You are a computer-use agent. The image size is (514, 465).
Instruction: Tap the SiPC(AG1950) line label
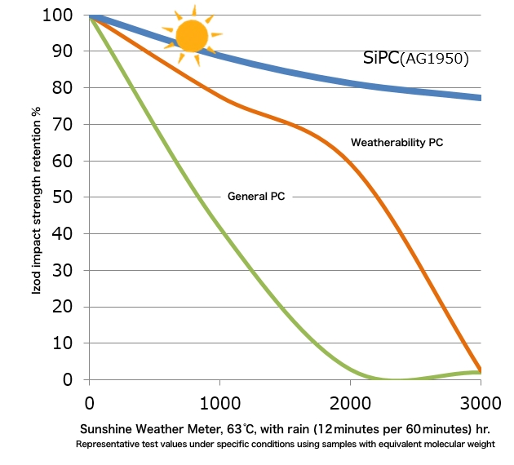tap(416, 59)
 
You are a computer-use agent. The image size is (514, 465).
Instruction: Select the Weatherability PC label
tap(397, 143)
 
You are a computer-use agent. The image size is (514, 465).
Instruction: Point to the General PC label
tap(255, 197)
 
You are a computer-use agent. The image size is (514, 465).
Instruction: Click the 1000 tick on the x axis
tap(219, 402)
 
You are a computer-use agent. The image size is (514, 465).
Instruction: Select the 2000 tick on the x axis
tap(350, 402)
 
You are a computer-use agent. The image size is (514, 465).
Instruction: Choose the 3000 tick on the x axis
tap(481, 402)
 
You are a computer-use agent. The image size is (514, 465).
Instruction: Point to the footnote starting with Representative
tap(285, 445)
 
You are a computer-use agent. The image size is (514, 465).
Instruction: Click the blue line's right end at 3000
tap(480, 98)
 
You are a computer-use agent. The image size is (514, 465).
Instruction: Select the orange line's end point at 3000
tap(480, 370)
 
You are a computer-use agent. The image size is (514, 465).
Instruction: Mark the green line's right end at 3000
tap(480, 373)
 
